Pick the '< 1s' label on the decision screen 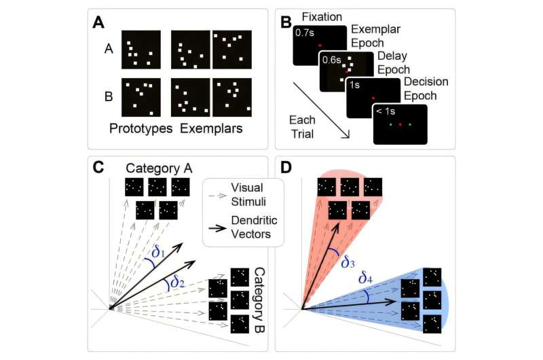coord(385,111)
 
